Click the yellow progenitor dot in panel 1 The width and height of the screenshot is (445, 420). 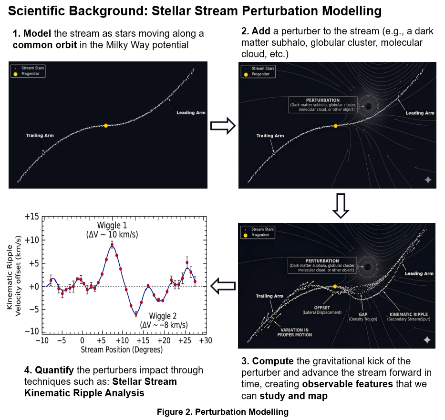coord(106,126)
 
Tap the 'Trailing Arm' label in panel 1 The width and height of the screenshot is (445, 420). coord(40,135)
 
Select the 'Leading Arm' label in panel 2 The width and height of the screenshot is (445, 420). coord(420,113)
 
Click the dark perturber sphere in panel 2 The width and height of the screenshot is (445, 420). coord(368,106)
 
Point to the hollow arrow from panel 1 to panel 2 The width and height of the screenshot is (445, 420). coord(223,126)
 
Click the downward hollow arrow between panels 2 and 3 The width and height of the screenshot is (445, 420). coord(341,206)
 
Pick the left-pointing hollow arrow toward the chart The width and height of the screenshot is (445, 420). coord(223,286)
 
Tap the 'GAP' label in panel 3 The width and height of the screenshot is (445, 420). coord(363,314)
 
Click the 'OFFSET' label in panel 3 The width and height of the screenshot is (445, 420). coord(322,308)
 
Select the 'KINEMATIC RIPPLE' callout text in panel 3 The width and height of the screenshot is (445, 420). coord(409,314)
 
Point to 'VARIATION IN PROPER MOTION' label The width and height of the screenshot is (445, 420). coord(295,332)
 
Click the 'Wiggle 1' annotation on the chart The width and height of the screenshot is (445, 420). coord(112,225)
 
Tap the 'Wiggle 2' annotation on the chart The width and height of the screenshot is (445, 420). coord(163,316)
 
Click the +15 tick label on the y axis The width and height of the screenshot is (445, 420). coord(31,217)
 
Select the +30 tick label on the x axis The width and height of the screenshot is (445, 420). coord(206,340)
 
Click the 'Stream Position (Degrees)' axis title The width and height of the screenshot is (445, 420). coord(122,350)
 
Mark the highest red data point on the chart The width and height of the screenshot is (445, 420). coord(112,245)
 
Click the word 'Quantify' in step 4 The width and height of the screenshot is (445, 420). coord(54,370)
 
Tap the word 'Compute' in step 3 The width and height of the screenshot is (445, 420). coord(273,361)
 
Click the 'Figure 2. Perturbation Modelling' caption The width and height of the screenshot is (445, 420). coord(223,412)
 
